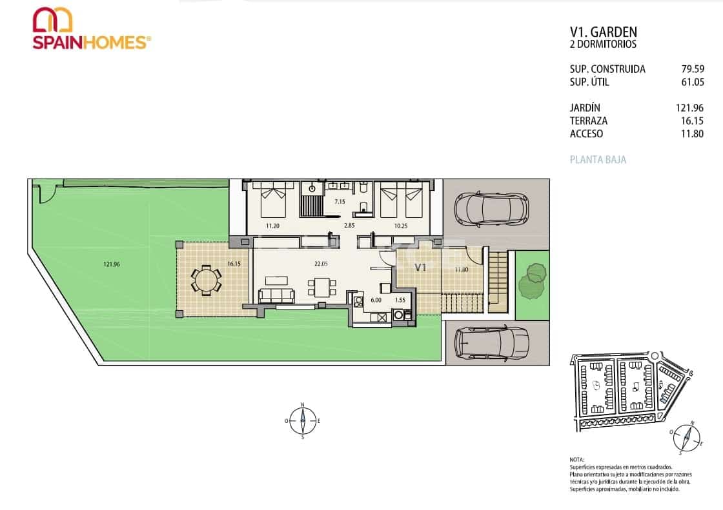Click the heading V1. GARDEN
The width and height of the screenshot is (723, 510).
click(603, 32)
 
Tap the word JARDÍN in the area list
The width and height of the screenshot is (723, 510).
click(585, 108)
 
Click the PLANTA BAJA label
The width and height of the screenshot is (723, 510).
click(598, 160)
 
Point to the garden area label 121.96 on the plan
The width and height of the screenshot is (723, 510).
click(112, 263)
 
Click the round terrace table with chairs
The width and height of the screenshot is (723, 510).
click(205, 280)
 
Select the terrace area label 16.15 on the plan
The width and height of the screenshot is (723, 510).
click(234, 264)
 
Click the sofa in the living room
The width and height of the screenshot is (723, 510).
click(276, 296)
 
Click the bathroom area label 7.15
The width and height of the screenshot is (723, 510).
click(340, 202)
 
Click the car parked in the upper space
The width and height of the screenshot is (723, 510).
click(491, 208)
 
